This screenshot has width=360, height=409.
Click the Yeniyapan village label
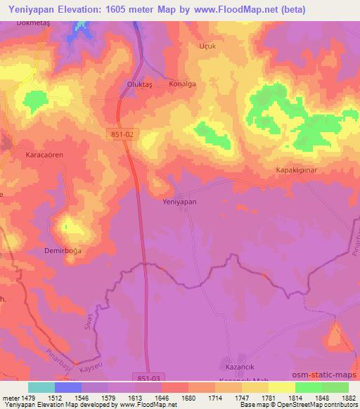[x=179, y=202]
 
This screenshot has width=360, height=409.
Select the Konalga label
[x=181, y=83]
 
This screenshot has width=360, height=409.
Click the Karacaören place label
[x=44, y=153]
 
